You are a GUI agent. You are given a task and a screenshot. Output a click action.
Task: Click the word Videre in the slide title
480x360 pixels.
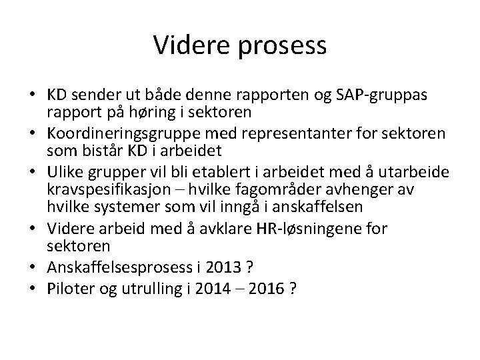[187, 45]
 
